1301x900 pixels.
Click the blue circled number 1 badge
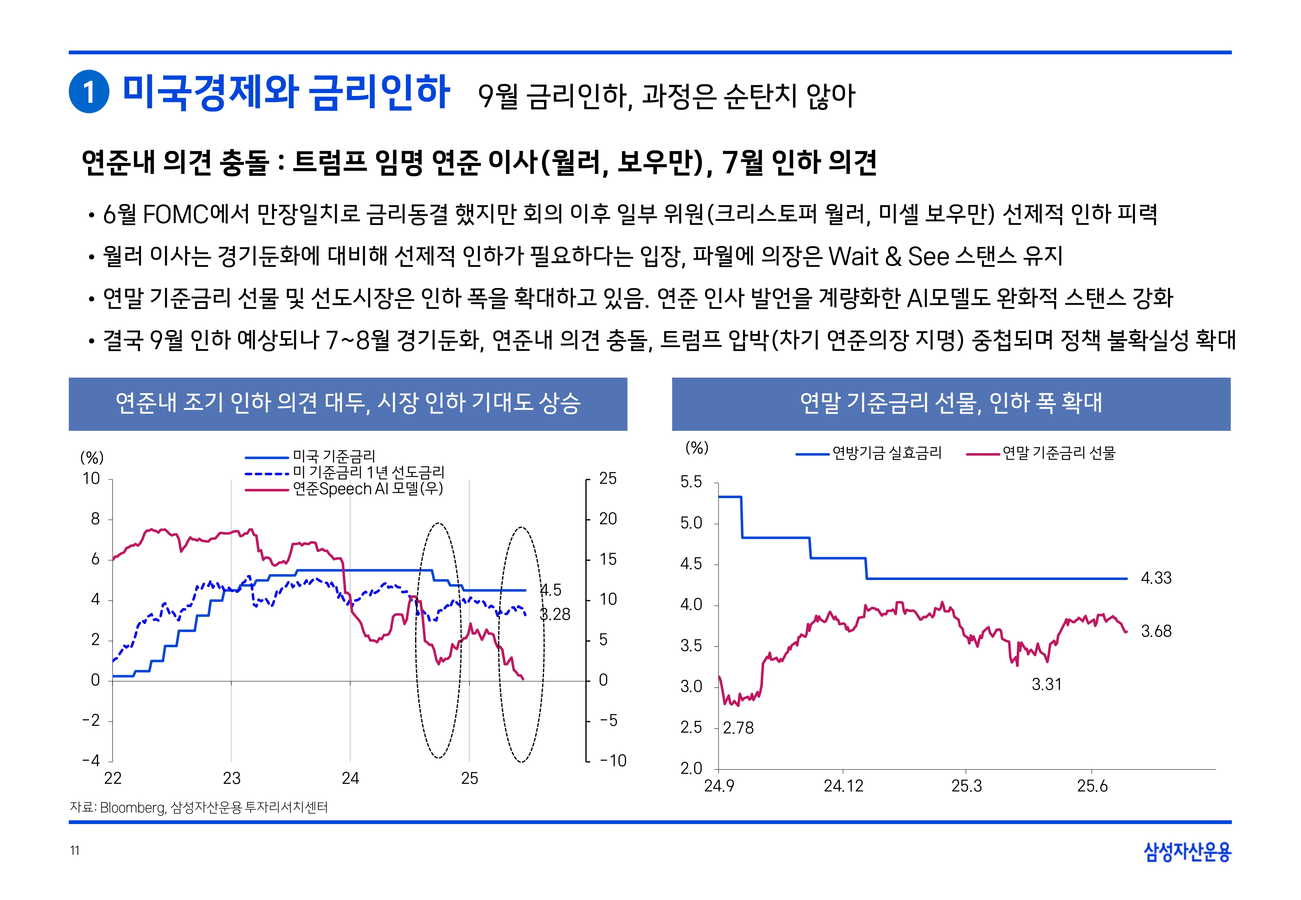(88, 92)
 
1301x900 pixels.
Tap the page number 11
(74, 851)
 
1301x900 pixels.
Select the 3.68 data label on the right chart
(1156, 631)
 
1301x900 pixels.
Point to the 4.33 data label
(1156, 578)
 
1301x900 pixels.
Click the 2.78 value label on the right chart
(738, 728)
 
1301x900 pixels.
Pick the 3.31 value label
(1046, 684)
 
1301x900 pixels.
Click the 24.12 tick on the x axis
(843, 786)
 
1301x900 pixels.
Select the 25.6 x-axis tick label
(1092, 786)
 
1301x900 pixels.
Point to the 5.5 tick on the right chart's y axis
(691, 482)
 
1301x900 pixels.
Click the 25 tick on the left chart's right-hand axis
(608, 479)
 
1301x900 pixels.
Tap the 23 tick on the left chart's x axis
(231, 779)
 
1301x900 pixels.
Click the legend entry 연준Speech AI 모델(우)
(367, 489)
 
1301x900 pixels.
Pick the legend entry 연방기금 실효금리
(886, 453)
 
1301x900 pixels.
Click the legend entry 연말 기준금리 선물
(1058, 453)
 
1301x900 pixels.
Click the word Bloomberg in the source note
(133, 808)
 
